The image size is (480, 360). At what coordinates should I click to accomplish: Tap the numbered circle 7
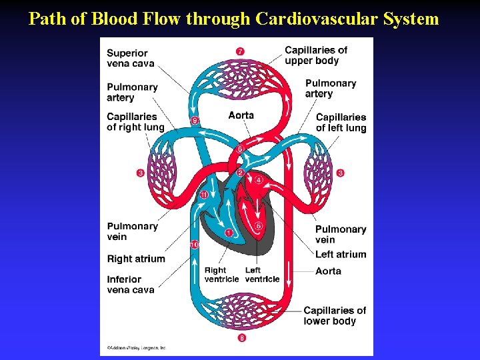(x=239, y=51)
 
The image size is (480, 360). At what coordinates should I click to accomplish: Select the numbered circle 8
(x=241, y=338)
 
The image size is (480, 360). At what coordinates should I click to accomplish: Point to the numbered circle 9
(x=195, y=121)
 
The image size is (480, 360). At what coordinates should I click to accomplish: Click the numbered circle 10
(x=194, y=245)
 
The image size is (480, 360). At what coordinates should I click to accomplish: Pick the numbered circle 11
(x=204, y=195)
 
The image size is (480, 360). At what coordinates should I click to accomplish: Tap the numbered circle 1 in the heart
(x=229, y=233)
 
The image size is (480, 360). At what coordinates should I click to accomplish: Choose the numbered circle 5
(x=259, y=226)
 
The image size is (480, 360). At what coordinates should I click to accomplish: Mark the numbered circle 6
(x=240, y=149)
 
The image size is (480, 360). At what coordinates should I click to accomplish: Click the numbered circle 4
(x=259, y=180)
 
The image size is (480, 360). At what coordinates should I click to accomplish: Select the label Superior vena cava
(x=131, y=59)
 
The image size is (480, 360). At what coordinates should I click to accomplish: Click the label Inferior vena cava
(x=131, y=285)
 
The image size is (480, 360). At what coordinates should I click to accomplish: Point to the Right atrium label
(x=136, y=259)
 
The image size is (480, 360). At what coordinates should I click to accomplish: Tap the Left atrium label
(x=341, y=254)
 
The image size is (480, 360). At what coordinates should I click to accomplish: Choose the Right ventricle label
(x=221, y=275)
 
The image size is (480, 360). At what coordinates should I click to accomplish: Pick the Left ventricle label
(x=262, y=275)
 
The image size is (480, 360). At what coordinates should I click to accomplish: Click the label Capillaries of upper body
(x=316, y=55)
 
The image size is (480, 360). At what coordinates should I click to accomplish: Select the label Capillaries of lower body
(x=335, y=315)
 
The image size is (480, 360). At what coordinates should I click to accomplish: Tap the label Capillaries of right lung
(x=135, y=122)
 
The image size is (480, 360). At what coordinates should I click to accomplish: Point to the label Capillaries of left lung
(x=341, y=123)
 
